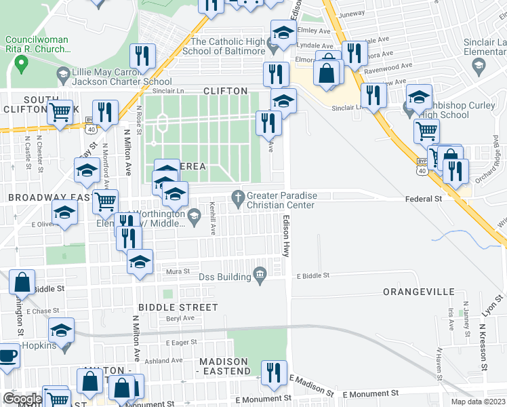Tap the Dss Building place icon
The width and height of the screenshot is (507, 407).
pyautogui.click(x=259, y=275)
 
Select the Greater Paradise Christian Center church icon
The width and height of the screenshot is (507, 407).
pyautogui.click(x=237, y=197)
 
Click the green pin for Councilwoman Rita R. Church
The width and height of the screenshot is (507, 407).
pyautogui.click(x=21, y=65)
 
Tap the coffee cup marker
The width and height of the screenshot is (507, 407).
pyautogui.click(x=7, y=356)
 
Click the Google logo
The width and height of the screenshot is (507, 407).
pyautogui.click(x=22, y=399)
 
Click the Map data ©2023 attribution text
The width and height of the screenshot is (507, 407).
pyautogui.click(x=479, y=402)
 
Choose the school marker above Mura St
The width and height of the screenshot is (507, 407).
pyautogui.click(x=140, y=261)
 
